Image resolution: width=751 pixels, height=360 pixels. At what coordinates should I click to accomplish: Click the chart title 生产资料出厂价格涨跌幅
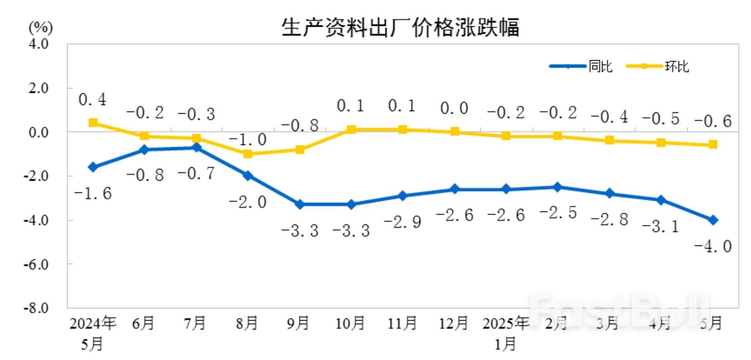click(x=400, y=27)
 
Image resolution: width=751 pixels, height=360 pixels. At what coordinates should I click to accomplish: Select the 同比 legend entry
click(x=600, y=66)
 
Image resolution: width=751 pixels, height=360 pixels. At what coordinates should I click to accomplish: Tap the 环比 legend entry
click(x=677, y=66)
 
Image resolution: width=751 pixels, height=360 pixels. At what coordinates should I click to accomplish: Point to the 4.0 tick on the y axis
click(x=39, y=44)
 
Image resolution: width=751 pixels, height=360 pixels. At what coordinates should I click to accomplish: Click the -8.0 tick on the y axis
click(x=36, y=308)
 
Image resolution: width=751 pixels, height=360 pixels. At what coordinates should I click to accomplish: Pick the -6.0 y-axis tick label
click(x=36, y=264)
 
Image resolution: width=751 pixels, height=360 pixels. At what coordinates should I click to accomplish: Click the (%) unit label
click(x=41, y=28)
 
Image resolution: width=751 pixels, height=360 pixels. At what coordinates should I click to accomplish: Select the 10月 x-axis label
click(x=350, y=323)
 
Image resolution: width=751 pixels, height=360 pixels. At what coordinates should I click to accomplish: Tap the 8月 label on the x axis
click(x=247, y=323)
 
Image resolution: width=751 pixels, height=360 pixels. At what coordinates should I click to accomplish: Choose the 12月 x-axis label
click(x=453, y=323)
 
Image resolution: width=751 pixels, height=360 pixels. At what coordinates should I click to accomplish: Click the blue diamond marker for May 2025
click(x=712, y=220)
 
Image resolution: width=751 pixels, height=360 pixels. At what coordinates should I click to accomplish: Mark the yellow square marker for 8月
click(x=248, y=154)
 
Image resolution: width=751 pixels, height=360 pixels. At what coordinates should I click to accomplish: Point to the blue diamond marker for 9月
click(x=299, y=205)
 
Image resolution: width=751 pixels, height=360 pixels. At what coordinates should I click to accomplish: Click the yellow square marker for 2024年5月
click(x=93, y=123)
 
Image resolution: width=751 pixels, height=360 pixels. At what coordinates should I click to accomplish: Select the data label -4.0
click(x=712, y=246)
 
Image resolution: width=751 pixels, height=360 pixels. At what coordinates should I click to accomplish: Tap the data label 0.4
click(x=92, y=100)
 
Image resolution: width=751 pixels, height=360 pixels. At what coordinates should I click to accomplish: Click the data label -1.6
click(x=92, y=194)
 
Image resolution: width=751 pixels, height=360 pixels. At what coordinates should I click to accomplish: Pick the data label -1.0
click(x=248, y=140)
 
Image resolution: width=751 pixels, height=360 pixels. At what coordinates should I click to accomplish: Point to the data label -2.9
click(x=402, y=222)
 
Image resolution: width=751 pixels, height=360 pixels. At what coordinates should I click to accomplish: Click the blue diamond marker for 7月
click(x=196, y=147)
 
